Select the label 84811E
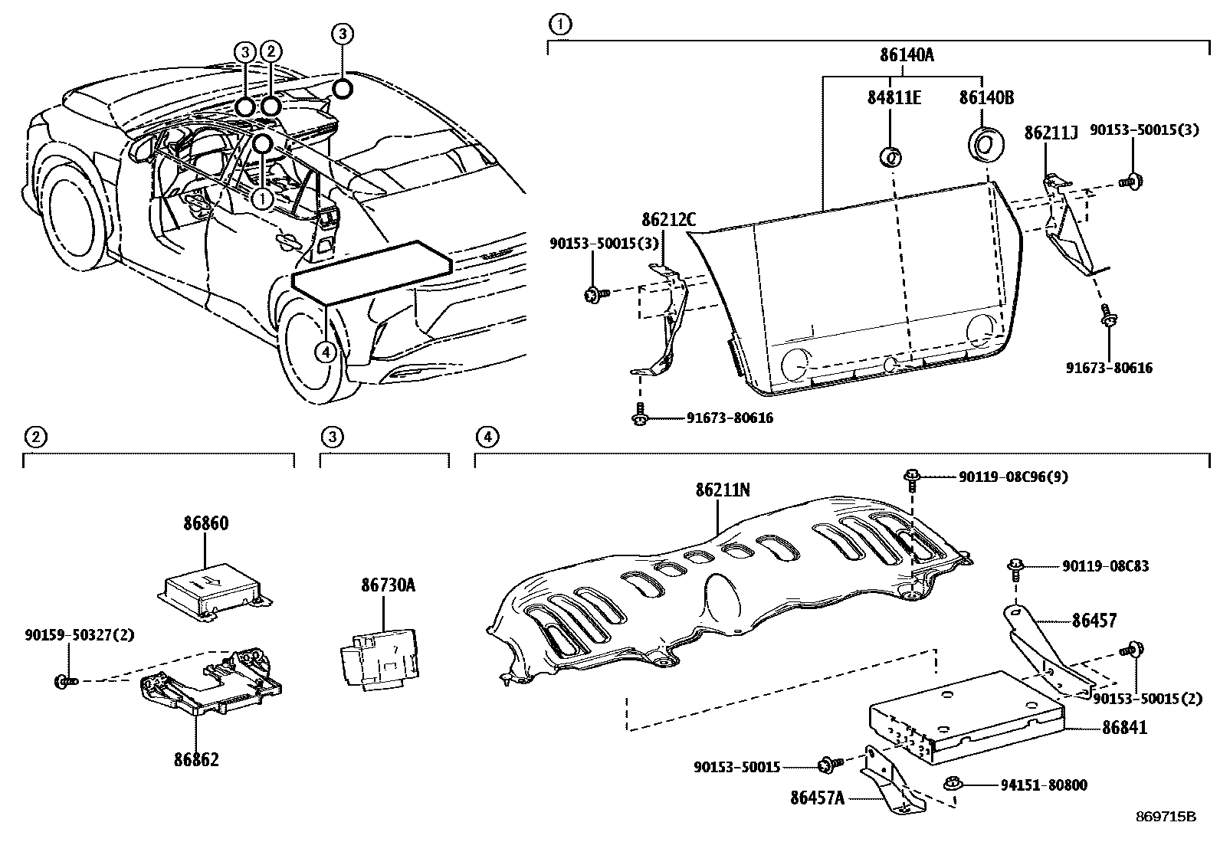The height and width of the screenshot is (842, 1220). [894, 98]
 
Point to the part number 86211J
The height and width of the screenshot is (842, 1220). [1051, 133]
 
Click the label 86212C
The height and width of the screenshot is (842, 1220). [669, 221]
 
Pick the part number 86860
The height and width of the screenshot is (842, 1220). [205, 524]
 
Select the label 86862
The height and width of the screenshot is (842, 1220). [195, 759]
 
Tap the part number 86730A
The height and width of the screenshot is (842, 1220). [389, 585]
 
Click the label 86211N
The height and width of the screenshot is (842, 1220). [723, 490]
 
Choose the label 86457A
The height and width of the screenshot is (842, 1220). [817, 798]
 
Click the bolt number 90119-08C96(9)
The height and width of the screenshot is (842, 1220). [1013, 477]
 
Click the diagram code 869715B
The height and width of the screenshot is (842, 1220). [1165, 817]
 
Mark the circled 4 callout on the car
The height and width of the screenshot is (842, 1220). [326, 352]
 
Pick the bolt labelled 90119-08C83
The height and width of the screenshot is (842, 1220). [1015, 568]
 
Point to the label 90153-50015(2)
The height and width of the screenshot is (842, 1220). [1146, 698]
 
